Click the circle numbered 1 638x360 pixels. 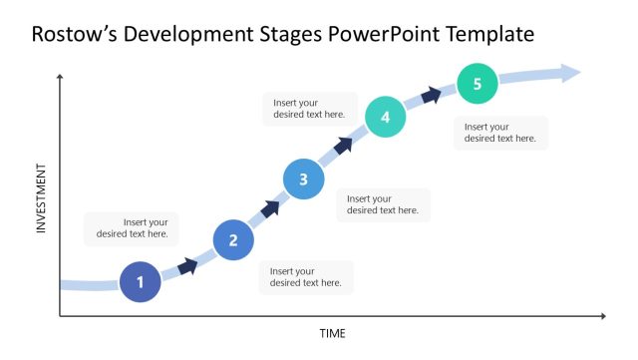click(x=140, y=281)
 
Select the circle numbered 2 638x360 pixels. click(x=233, y=239)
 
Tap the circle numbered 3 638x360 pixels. click(x=303, y=180)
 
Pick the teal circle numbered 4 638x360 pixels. click(x=385, y=117)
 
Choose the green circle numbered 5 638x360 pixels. click(x=477, y=84)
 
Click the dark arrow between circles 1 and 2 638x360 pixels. click(x=187, y=265)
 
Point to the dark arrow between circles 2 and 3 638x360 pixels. click(x=270, y=207)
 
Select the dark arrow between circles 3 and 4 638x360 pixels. click(x=343, y=146)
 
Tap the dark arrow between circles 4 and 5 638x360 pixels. click(x=431, y=95)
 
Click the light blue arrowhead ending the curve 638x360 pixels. click(x=570, y=72)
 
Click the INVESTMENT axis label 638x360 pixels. click(x=42, y=198)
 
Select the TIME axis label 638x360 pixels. click(x=332, y=333)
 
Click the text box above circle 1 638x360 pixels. click(x=133, y=228)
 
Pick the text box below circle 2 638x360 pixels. click(x=306, y=277)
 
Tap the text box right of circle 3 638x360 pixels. click(x=384, y=204)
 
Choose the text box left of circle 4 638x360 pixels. click(x=310, y=108)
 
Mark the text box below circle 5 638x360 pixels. click(x=500, y=133)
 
